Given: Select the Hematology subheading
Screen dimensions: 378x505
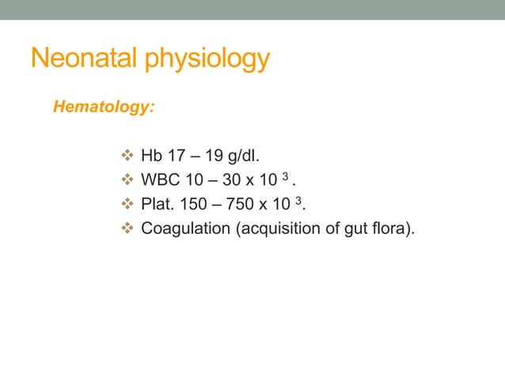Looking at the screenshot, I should point(103,107).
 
